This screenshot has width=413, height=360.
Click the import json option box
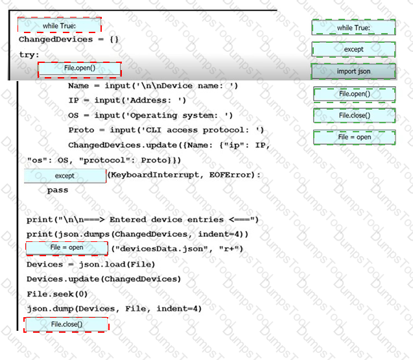353,71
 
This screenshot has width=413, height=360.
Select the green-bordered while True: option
353,28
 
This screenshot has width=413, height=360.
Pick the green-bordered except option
353,49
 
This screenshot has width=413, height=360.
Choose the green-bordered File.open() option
354,94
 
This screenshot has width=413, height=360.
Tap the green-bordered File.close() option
354,115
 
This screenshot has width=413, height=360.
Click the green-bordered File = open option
354,138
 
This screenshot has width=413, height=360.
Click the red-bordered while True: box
59,26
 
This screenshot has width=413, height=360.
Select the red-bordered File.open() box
79,69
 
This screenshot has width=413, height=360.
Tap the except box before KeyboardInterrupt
65,176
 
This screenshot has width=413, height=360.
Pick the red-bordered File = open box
67,248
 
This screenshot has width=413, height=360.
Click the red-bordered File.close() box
66,324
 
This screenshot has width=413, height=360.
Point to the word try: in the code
29,55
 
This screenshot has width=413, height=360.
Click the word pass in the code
57,191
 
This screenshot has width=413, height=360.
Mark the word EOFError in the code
233,175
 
